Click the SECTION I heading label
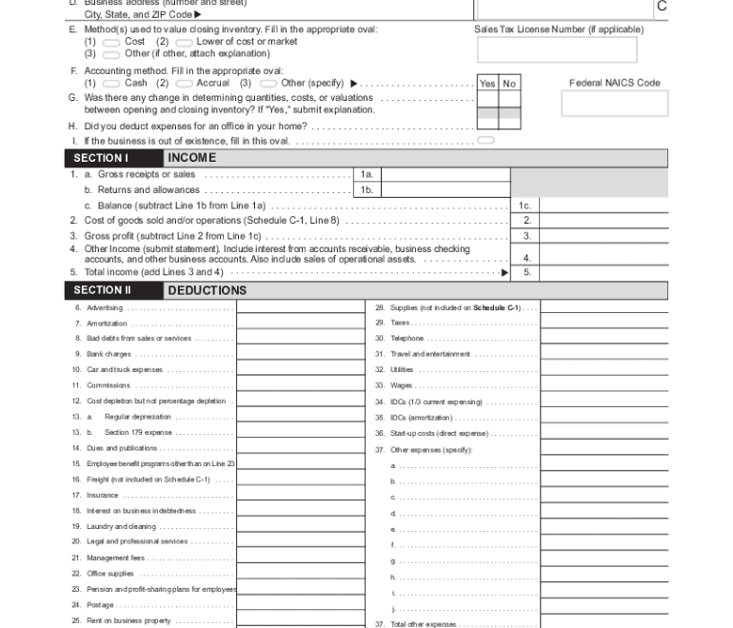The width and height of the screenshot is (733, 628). coord(100,158)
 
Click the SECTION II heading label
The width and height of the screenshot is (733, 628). coord(102,290)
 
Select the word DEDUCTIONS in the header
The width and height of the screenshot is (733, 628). coord(207,290)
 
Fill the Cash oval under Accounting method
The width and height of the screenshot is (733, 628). coord(111,83)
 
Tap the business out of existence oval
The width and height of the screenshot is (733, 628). coord(485,141)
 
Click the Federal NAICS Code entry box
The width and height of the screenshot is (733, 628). coord(614,104)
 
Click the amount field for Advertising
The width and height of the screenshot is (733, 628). coord(299,307)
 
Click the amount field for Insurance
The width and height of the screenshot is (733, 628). coord(299,495)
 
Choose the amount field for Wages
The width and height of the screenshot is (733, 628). coord(604,385)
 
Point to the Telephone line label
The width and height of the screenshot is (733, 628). coord(407,339)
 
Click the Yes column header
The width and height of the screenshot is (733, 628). coord(487,84)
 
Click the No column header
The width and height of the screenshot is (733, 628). coord(509,84)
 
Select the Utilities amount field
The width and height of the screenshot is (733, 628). coord(604,369)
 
